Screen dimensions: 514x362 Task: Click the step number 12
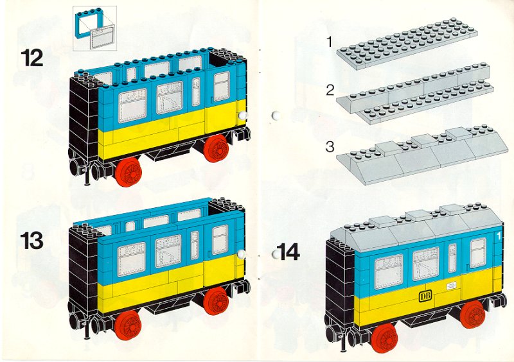coord(32,58)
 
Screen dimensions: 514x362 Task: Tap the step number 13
coord(31,241)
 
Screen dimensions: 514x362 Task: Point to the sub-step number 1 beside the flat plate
coord(329,42)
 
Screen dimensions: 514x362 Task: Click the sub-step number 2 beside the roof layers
coord(330,90)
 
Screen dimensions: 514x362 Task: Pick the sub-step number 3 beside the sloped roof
coord(330,146)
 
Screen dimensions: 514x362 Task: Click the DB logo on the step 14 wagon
coord(425,296)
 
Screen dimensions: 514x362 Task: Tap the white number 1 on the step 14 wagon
coord(499,236)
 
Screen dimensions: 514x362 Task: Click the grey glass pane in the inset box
coord(103,38)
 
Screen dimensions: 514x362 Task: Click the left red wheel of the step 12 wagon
coord(128,172)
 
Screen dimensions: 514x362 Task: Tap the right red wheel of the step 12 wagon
coord(216,148)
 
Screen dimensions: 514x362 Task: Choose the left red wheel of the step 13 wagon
coord(128,325)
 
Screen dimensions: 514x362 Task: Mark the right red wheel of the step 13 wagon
coord(216,302)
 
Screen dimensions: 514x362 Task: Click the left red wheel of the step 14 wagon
coord(385,339)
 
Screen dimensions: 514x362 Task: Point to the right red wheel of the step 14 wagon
coord(473,315)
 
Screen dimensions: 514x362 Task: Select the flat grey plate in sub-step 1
coord(407,43)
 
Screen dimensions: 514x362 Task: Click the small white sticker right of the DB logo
coord(452,286)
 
